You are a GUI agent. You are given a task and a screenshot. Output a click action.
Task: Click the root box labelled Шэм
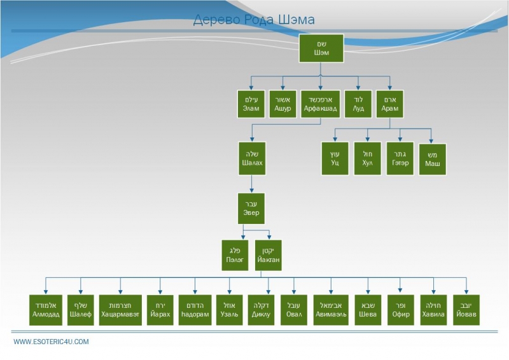[x=321, y=48]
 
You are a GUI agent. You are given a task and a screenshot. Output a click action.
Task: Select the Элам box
[x=251, y=104]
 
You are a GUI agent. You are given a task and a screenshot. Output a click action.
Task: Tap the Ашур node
[x=282, y=104]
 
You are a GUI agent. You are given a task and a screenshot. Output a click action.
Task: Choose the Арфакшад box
[x=320, y=104]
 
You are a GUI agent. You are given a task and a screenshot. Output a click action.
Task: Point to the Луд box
[x=358, y=104]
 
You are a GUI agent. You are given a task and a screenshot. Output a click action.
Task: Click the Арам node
[x=389, y=104]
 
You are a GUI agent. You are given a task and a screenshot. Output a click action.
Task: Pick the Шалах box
[x=251, y=158]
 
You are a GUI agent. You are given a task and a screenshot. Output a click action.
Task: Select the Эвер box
[x=251, y=208]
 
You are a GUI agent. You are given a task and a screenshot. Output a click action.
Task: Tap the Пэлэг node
[x=235, y=256]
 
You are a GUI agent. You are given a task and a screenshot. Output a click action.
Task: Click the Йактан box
[x=268, y=256]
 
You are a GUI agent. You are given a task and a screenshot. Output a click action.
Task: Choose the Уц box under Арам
[x=335, y=158]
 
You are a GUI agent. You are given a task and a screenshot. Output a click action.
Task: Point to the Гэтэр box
[x=400, y=158]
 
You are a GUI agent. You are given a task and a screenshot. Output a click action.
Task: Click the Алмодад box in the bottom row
[x=45, y=310]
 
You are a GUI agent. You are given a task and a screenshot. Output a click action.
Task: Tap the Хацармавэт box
[x=120, y=310]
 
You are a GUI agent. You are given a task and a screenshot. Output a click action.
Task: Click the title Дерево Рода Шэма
[x=254, y=20]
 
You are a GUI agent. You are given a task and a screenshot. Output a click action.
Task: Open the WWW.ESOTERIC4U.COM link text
[x=52, y=342]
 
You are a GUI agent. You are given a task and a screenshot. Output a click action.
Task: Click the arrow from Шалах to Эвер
[x=251, y=183]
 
